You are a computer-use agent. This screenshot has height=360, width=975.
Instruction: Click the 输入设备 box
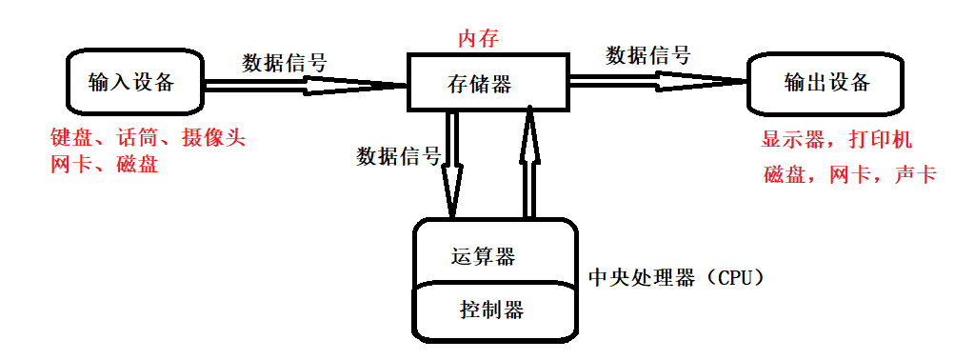click(132, 83)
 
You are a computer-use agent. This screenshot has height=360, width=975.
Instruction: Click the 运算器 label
click(483, 256)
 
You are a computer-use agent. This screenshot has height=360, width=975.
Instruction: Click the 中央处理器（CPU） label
click(675, 278)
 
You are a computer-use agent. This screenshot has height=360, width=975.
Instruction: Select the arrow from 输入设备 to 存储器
click(305, 86)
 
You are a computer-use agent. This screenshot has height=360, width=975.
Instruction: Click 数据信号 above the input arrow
click(285, 64)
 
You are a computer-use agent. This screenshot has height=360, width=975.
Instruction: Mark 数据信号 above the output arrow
click(648, 55)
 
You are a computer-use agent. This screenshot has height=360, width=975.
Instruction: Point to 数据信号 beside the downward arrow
click(398, 156)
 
